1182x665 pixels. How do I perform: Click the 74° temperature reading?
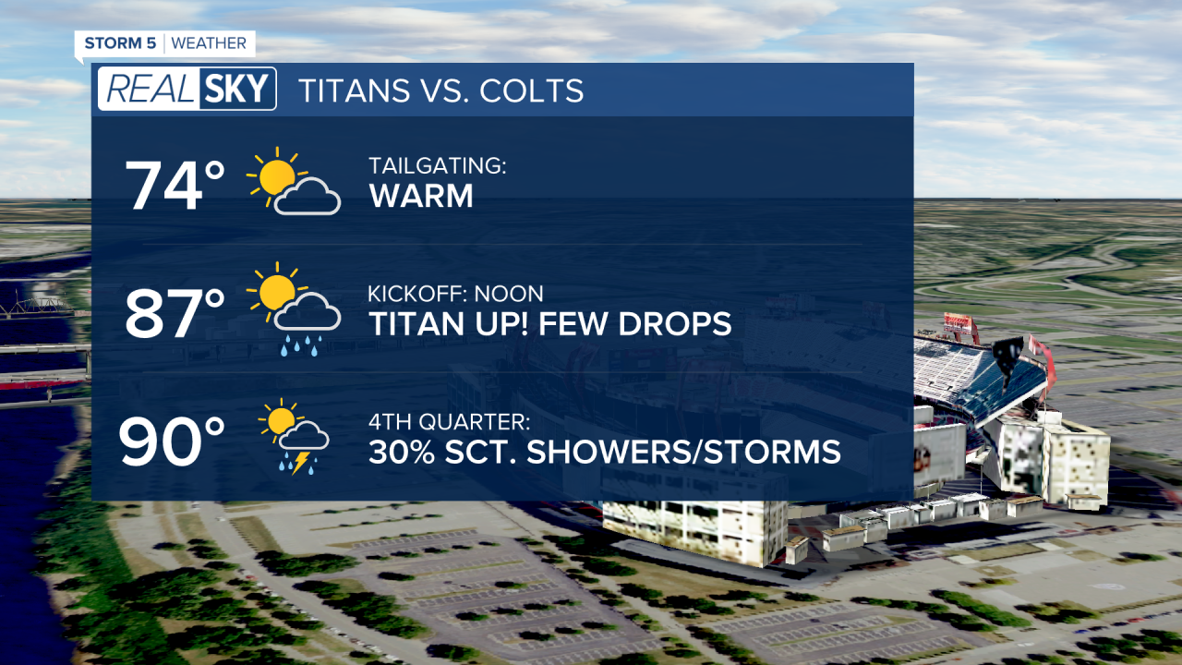tap(175, 187)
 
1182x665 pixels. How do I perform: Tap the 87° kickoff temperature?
tap(175, 313)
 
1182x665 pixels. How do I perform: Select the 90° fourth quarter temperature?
tap(173, 441)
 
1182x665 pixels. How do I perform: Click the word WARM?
tap(420, 196)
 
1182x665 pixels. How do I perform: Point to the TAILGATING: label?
tap(438, 166)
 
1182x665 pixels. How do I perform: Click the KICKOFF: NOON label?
tap(455, 294)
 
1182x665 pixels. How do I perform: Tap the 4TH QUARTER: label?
tap(450, 422)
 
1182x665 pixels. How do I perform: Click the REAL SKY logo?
tap(187, 90)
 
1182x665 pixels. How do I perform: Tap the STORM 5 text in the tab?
tap(120, 43)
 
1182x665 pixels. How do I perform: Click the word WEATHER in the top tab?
tap(209, 43)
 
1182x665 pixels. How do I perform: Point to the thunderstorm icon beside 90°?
tap(293, 436)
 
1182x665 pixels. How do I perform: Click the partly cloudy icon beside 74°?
tap(293, 182)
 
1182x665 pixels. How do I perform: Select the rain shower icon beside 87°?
tap(293, 308)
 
